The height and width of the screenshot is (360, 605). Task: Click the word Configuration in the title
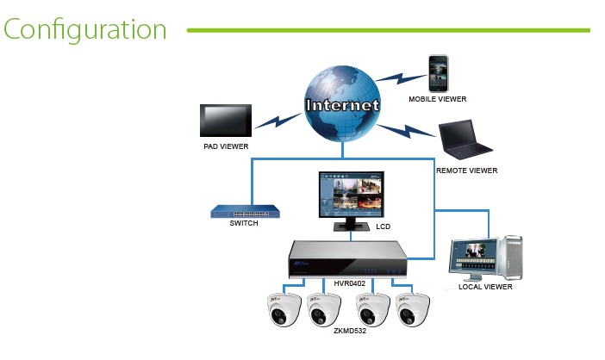coord(84,29)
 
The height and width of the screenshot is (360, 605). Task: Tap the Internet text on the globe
coord(342,105)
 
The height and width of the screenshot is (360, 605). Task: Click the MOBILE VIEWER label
coord(437,99)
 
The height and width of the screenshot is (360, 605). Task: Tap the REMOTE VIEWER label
coord(466,171)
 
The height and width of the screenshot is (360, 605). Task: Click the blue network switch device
coord(244,211)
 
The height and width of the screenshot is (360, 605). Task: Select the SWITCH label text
coord(244,223)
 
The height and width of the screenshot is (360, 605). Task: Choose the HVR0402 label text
coord(351,282)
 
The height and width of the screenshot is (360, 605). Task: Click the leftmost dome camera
coord(284,310)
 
